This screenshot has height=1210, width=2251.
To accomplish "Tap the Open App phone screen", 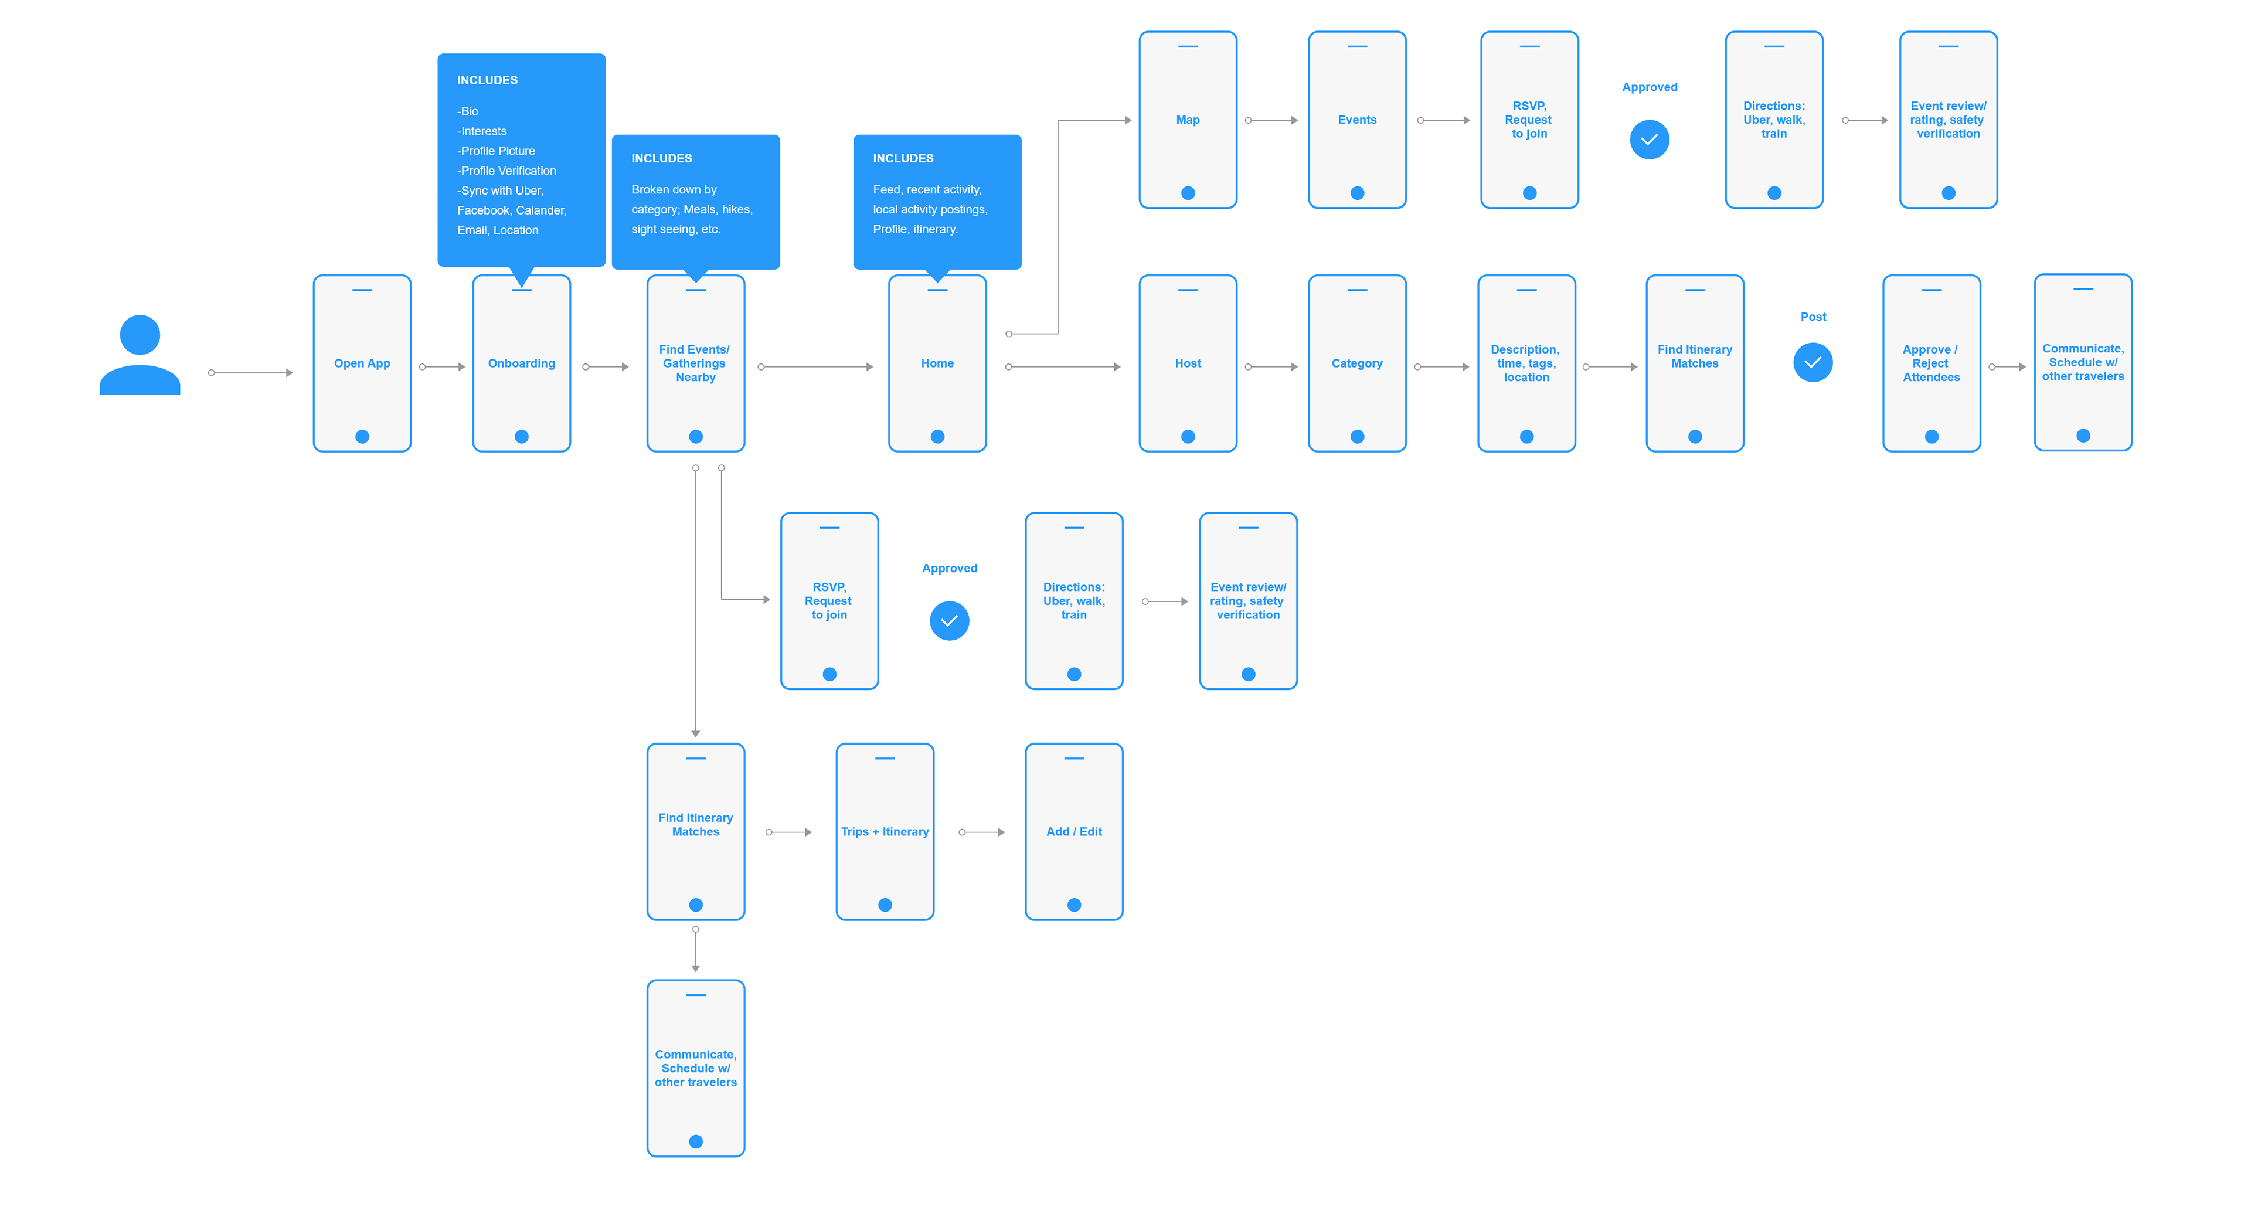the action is tap(362, 363).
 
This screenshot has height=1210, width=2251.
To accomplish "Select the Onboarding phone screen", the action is tap(522, 363).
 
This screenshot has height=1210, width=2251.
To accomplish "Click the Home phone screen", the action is tap(938, 363).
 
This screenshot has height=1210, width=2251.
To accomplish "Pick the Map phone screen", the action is tap(1188, 120).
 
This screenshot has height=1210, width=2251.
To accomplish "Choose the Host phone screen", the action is tap(1188, 363).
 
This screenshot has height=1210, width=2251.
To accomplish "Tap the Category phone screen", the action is tap(1357, 363).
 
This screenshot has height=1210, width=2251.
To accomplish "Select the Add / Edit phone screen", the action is tap(1074, 832).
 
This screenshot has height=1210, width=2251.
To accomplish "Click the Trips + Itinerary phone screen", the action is tap(885, 832).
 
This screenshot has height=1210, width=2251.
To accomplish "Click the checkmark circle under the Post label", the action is tap(1813, 362).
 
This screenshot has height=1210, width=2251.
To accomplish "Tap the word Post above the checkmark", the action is tap(1813, 317).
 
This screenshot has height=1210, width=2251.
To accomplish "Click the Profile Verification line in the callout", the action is tap(507, 171).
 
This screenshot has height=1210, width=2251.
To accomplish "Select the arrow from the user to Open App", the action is tap(251, 373).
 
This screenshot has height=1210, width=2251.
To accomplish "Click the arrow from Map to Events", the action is tap(1272, 121).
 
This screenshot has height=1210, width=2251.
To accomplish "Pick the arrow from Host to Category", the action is tap(1272, 367).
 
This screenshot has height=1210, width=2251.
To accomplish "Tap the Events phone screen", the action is tap(1357, 120).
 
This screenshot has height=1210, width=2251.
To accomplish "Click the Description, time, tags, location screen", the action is tap(1526, 363).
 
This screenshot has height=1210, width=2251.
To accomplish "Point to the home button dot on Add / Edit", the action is tap(1074, 905).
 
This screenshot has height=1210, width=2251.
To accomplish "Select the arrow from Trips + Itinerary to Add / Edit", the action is tap(982, 832).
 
